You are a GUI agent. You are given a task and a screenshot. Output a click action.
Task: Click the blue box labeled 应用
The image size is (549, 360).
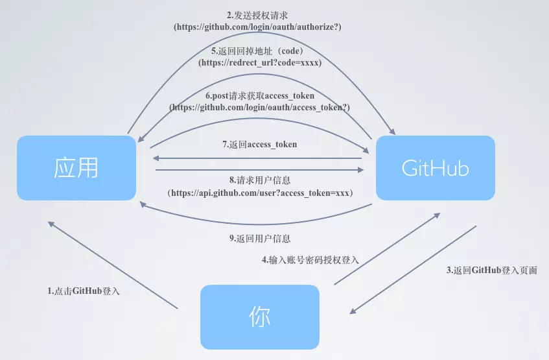[x=76, y=167]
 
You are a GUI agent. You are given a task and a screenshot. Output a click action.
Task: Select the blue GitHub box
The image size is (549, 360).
[x=435, y=167]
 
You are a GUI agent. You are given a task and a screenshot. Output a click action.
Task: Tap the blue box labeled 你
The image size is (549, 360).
[x=259, y=317]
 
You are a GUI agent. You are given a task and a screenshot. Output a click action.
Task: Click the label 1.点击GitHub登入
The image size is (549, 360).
[x=84, y=291]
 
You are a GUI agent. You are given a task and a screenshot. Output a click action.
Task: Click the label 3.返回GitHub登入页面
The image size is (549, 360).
[x=492, y=270]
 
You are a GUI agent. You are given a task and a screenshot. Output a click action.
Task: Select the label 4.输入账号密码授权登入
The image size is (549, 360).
[x=310, y=259]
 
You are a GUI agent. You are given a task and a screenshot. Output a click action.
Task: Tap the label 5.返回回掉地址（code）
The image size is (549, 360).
[x=259, y=51]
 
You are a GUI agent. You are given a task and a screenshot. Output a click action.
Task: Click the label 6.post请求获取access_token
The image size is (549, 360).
[x=259, y=96]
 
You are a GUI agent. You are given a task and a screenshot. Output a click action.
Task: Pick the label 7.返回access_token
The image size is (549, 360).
[x=259, y=144]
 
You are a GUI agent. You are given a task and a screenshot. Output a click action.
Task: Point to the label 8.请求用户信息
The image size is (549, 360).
[x=259, y=181]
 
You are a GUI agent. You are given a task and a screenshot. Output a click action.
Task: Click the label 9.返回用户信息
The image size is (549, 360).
[x=259, y=238]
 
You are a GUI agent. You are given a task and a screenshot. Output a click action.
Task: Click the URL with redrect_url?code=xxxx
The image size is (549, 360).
[x=259, y=63]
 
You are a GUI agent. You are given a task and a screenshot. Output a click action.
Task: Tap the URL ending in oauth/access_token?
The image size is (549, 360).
[x=259, y=108]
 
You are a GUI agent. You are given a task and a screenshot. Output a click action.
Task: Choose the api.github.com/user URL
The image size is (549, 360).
[x=259, y=193]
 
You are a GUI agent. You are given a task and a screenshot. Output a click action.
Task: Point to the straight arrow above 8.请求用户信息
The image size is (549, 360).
[x=259, y=170]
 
